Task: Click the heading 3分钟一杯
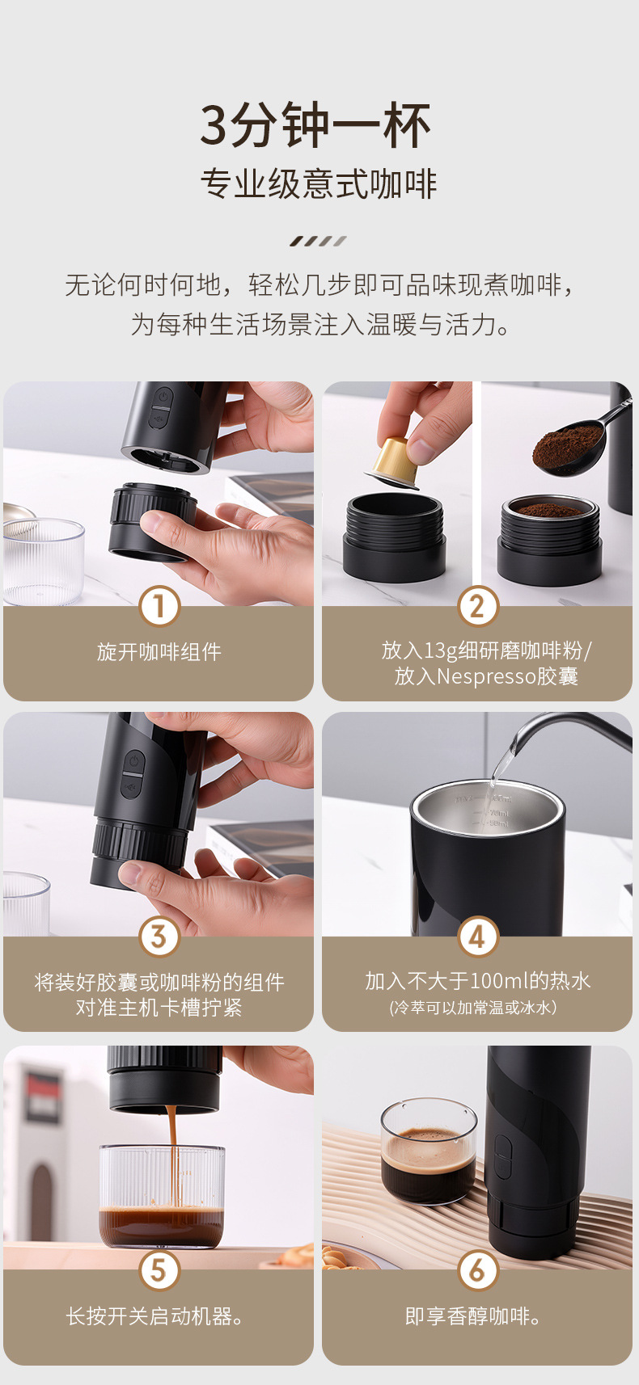click(x=315, y=125)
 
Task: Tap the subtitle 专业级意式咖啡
click(x=319, y=183)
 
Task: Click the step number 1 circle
click(x=159, y=606)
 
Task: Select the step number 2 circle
click(x=477, y=606)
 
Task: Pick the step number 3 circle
click(x=159, y=936)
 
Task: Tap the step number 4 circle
click(x=477, y=936)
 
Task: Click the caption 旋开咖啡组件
click(x=159, y=651)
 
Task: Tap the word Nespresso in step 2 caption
click(x=486, y=676)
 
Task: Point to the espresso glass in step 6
click(x=429, y=1151)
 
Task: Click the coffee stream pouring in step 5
click(x=172, y=1157)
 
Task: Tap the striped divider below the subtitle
click(x=318, y=241)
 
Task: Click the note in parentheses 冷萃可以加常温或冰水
click(x=473, y=1008)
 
